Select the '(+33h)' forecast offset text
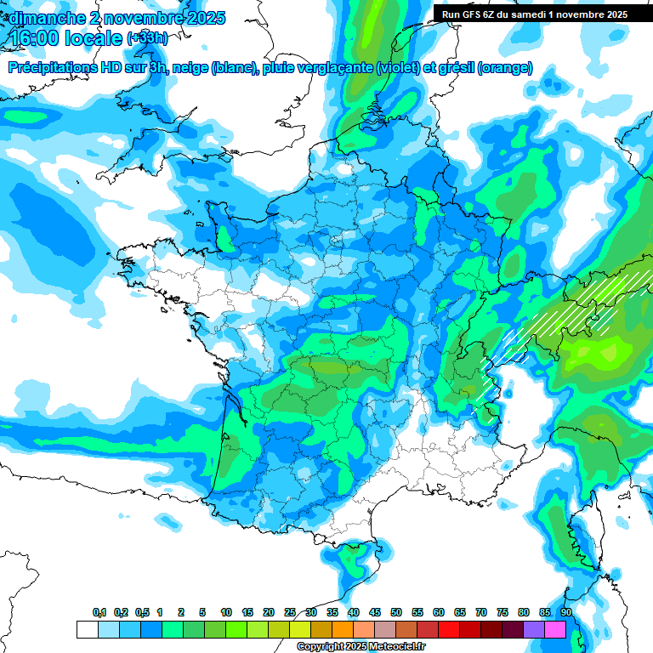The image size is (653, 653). pyautogui.click(x=146, y=38)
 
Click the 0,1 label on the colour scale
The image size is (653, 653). pyautogui.click(x=99, y=613)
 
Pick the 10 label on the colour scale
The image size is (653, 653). pyautogui.click(x=226, y=613)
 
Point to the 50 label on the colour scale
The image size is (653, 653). pyautogui.click(x=396, y=613)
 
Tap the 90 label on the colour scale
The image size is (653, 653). pyautogui.click(x=566, y=613)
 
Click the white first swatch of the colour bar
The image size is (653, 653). pyautogui.click(x=87, y=629)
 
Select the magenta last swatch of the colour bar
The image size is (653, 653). pyautogui.click(x=555, y=629)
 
